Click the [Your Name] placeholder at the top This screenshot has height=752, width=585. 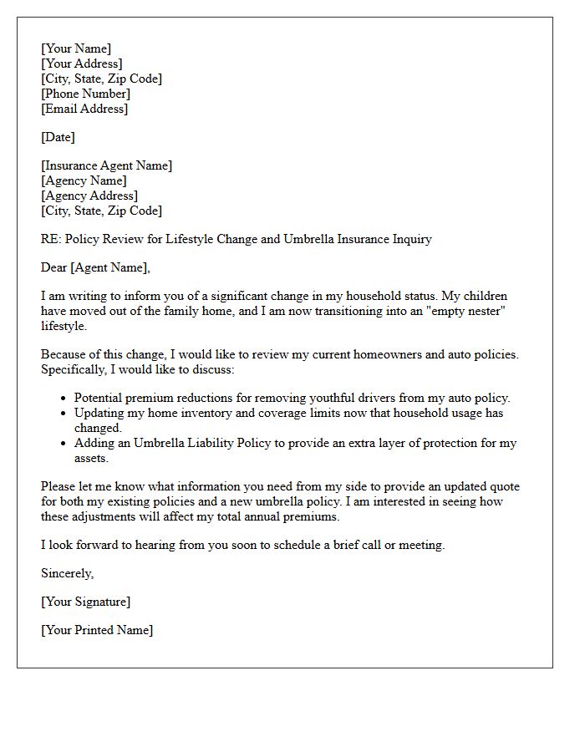tap(76, 48)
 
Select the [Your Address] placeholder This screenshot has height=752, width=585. tap(82, 64)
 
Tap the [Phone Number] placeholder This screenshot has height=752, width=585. tap(85, 94)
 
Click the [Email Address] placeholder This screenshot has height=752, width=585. tap(84, 109)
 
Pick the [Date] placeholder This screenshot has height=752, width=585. tap(58, 137)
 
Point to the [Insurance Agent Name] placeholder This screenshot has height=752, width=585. tap(107, 165)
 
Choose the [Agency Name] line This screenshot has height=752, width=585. tap(84, 180)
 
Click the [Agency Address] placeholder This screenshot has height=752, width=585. tap(89, 196)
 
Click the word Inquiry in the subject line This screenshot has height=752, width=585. tap(409, 239)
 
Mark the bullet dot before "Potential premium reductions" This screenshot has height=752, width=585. tap(64, 399)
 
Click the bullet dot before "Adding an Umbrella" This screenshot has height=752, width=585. tap(64, 444)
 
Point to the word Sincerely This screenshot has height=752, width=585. tap(67, 573)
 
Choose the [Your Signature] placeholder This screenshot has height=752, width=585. tap(85, 602)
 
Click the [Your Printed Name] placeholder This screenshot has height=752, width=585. tap(97, 630)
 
